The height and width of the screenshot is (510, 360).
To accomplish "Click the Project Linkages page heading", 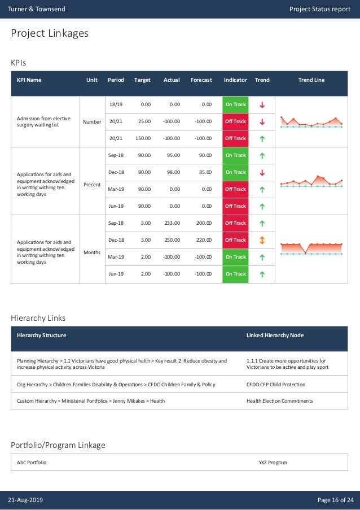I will tap(50, 34).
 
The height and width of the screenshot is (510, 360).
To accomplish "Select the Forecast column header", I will tap(201, 80).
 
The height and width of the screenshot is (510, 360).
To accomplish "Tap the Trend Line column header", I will tap(311, 80).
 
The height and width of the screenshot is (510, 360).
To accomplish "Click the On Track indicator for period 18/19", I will tap(235, 104).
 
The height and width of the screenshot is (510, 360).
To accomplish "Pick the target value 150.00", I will tap(143, 138).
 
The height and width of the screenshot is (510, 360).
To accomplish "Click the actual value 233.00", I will tap(172, 223).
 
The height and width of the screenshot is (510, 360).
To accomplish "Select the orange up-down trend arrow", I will tap(262, 240).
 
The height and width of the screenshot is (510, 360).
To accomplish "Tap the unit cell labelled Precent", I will tap(91, 184).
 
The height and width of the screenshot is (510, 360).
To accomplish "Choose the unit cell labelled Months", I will tap(91, 252).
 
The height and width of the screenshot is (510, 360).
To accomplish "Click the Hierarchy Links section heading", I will tap(38, 319).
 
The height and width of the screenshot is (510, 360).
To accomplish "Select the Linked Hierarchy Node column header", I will tap(275, 335).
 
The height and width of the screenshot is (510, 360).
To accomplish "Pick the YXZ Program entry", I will tap(273, 463).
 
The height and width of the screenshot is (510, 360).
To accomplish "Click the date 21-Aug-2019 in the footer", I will tap(25, 500).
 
